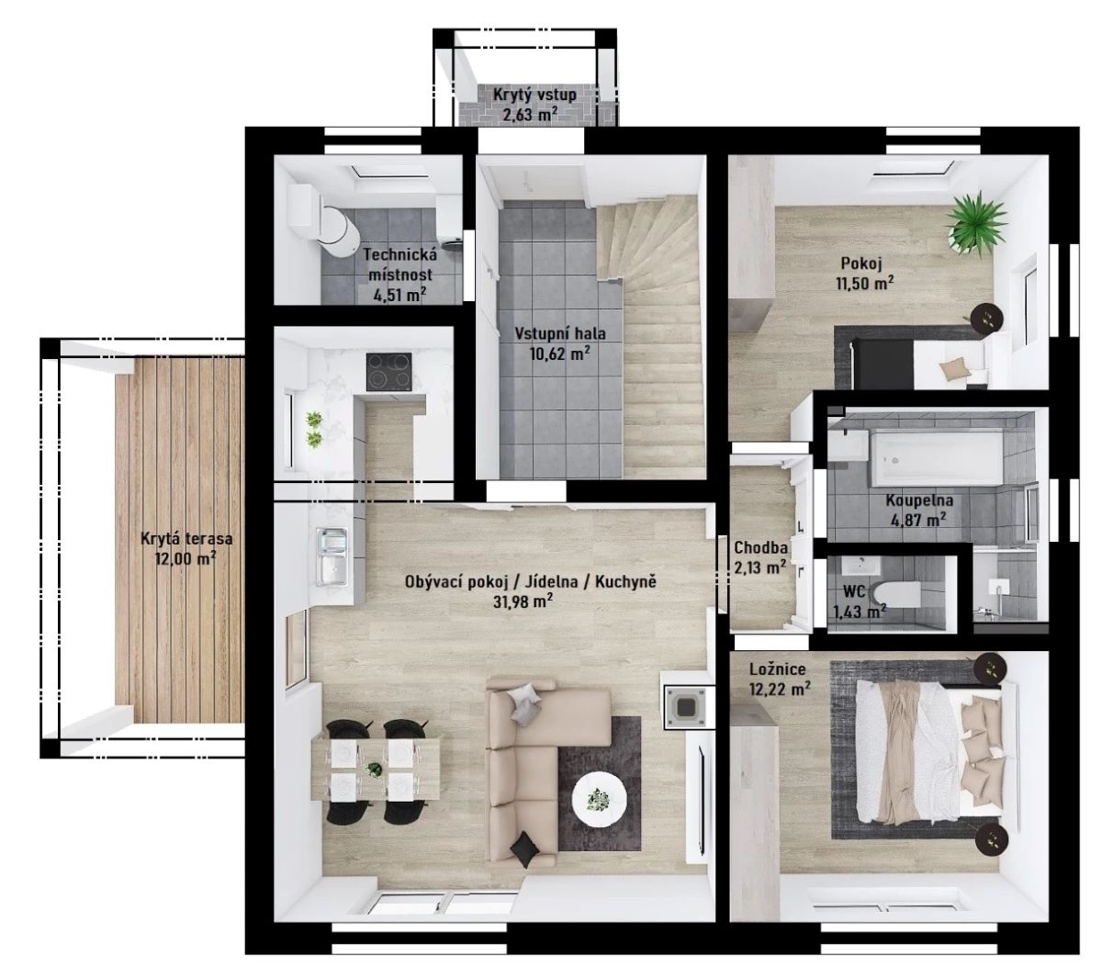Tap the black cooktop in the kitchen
tap(388, 372)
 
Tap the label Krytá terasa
tap(186, 539)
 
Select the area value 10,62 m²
tap(559, 354)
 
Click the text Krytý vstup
tap(534, 95)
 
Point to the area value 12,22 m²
tap(780, 689)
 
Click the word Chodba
tap(760, 547)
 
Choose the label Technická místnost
tap(400, 264)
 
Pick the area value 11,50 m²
tap(864, 283)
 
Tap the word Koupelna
tap(919, 500)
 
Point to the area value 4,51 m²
tap(399, 295)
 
